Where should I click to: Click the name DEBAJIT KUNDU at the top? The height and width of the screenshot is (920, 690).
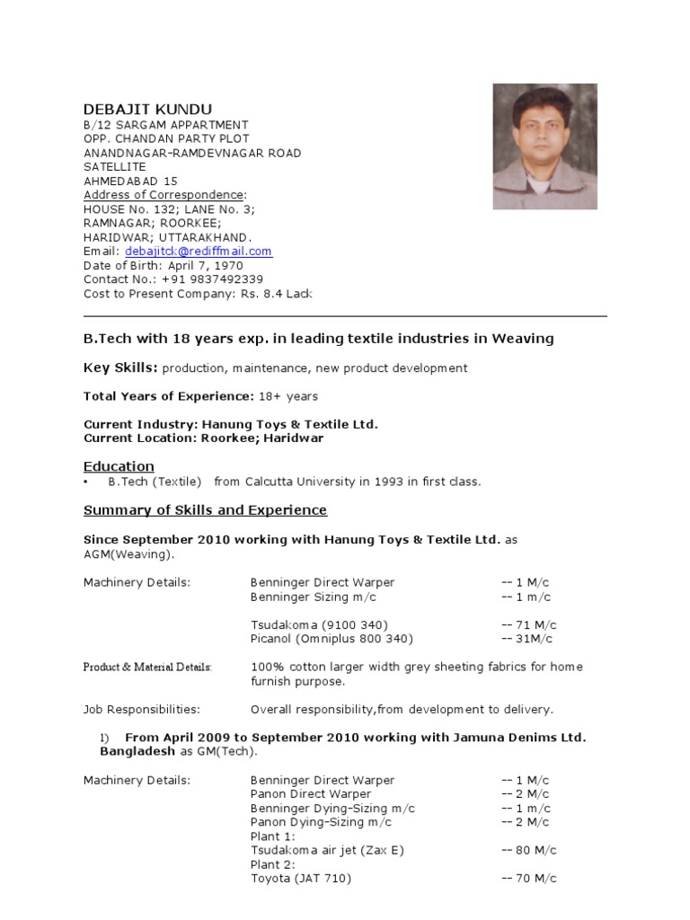pyautogui.click(x=148, y=109)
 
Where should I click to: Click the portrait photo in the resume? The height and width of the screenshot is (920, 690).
pyautogui.click(x=544, y=147)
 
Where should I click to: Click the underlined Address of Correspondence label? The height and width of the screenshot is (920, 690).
pyautogui.click(x=164, y=195)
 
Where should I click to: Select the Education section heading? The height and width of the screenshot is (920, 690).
pyautogui.click(x=119, y=466)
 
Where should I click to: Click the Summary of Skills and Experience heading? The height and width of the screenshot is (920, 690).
pyautogui.click(x=205, y=510)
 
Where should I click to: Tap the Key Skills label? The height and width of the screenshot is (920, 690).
pyautogui.click(x=120, y=367)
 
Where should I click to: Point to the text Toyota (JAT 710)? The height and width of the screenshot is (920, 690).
pyautogui.click(x=301, y=879)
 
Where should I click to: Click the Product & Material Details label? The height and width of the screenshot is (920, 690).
pyautogui.click(x=148, y=668)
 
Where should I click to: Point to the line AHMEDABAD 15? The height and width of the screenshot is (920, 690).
pyautogui.click(x=130, y=181)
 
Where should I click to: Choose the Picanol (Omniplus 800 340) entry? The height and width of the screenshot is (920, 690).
pyautogui.click(x=332, y=639)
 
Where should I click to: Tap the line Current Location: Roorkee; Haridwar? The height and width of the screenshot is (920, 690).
pyautogui.click(x=203, y=438)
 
